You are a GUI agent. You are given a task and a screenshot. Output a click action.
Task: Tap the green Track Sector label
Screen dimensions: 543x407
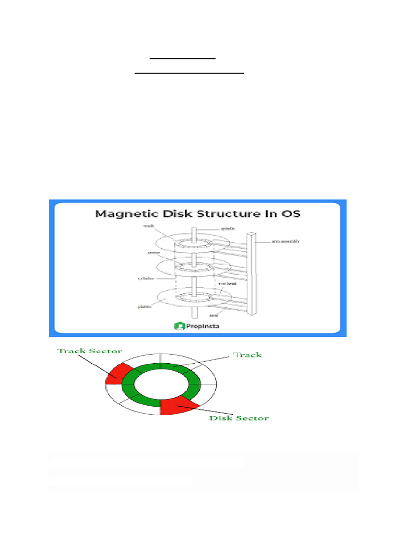click(90, 351)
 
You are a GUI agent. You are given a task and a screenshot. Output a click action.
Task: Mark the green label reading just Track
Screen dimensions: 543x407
click(248, 354)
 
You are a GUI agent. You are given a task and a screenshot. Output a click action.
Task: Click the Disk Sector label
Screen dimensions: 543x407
click(239, 418)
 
